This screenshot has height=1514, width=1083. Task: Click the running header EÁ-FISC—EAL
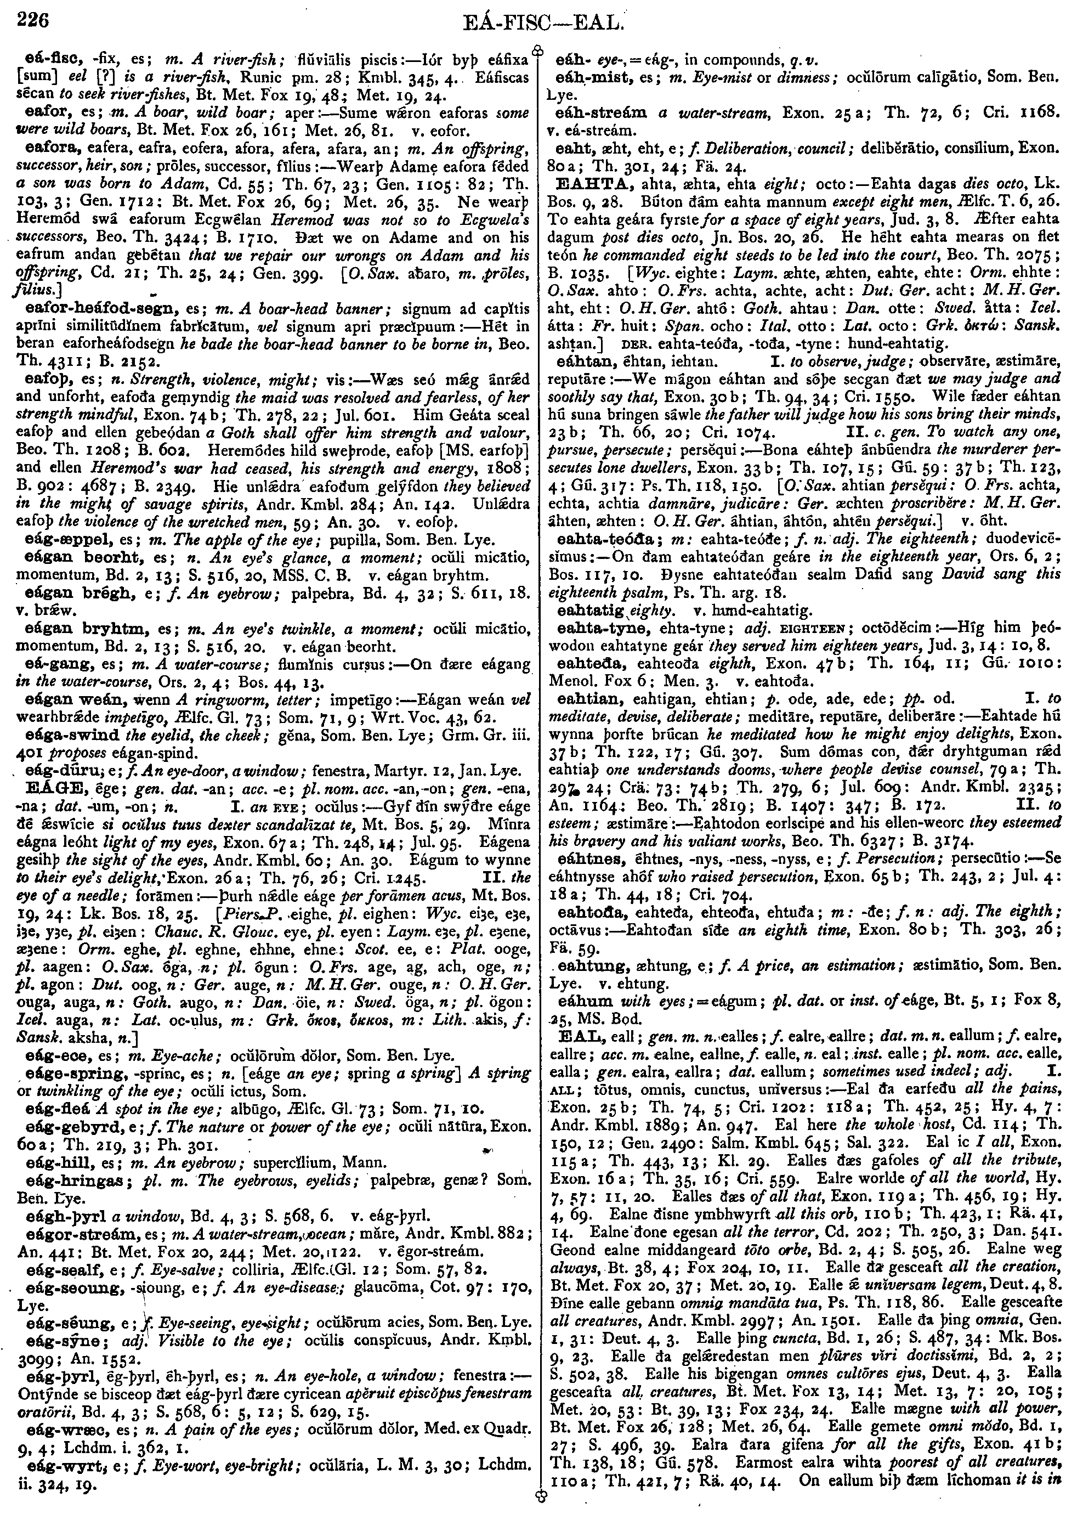542,24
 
